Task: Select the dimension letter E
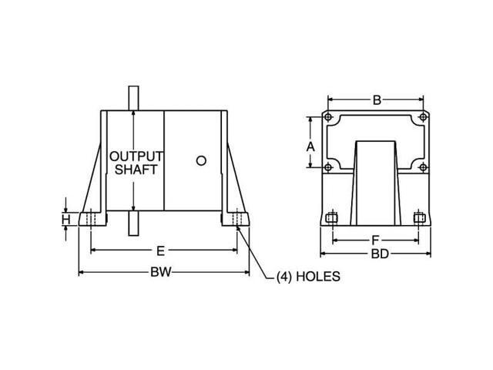tap(159, 251)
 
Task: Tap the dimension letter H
tap(67, 220)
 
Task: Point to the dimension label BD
tap(376, 253)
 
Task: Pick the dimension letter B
tap(376, 99)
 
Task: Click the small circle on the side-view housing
tap(201, 161)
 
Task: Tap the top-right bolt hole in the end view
tap(423, 118)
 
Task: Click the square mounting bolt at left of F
tap(332, 218)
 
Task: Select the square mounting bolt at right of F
tap(419, 218)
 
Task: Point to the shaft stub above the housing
tap(133, 96)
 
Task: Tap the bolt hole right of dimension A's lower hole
tap(423, 167)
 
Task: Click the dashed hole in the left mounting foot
tap(90, 220)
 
